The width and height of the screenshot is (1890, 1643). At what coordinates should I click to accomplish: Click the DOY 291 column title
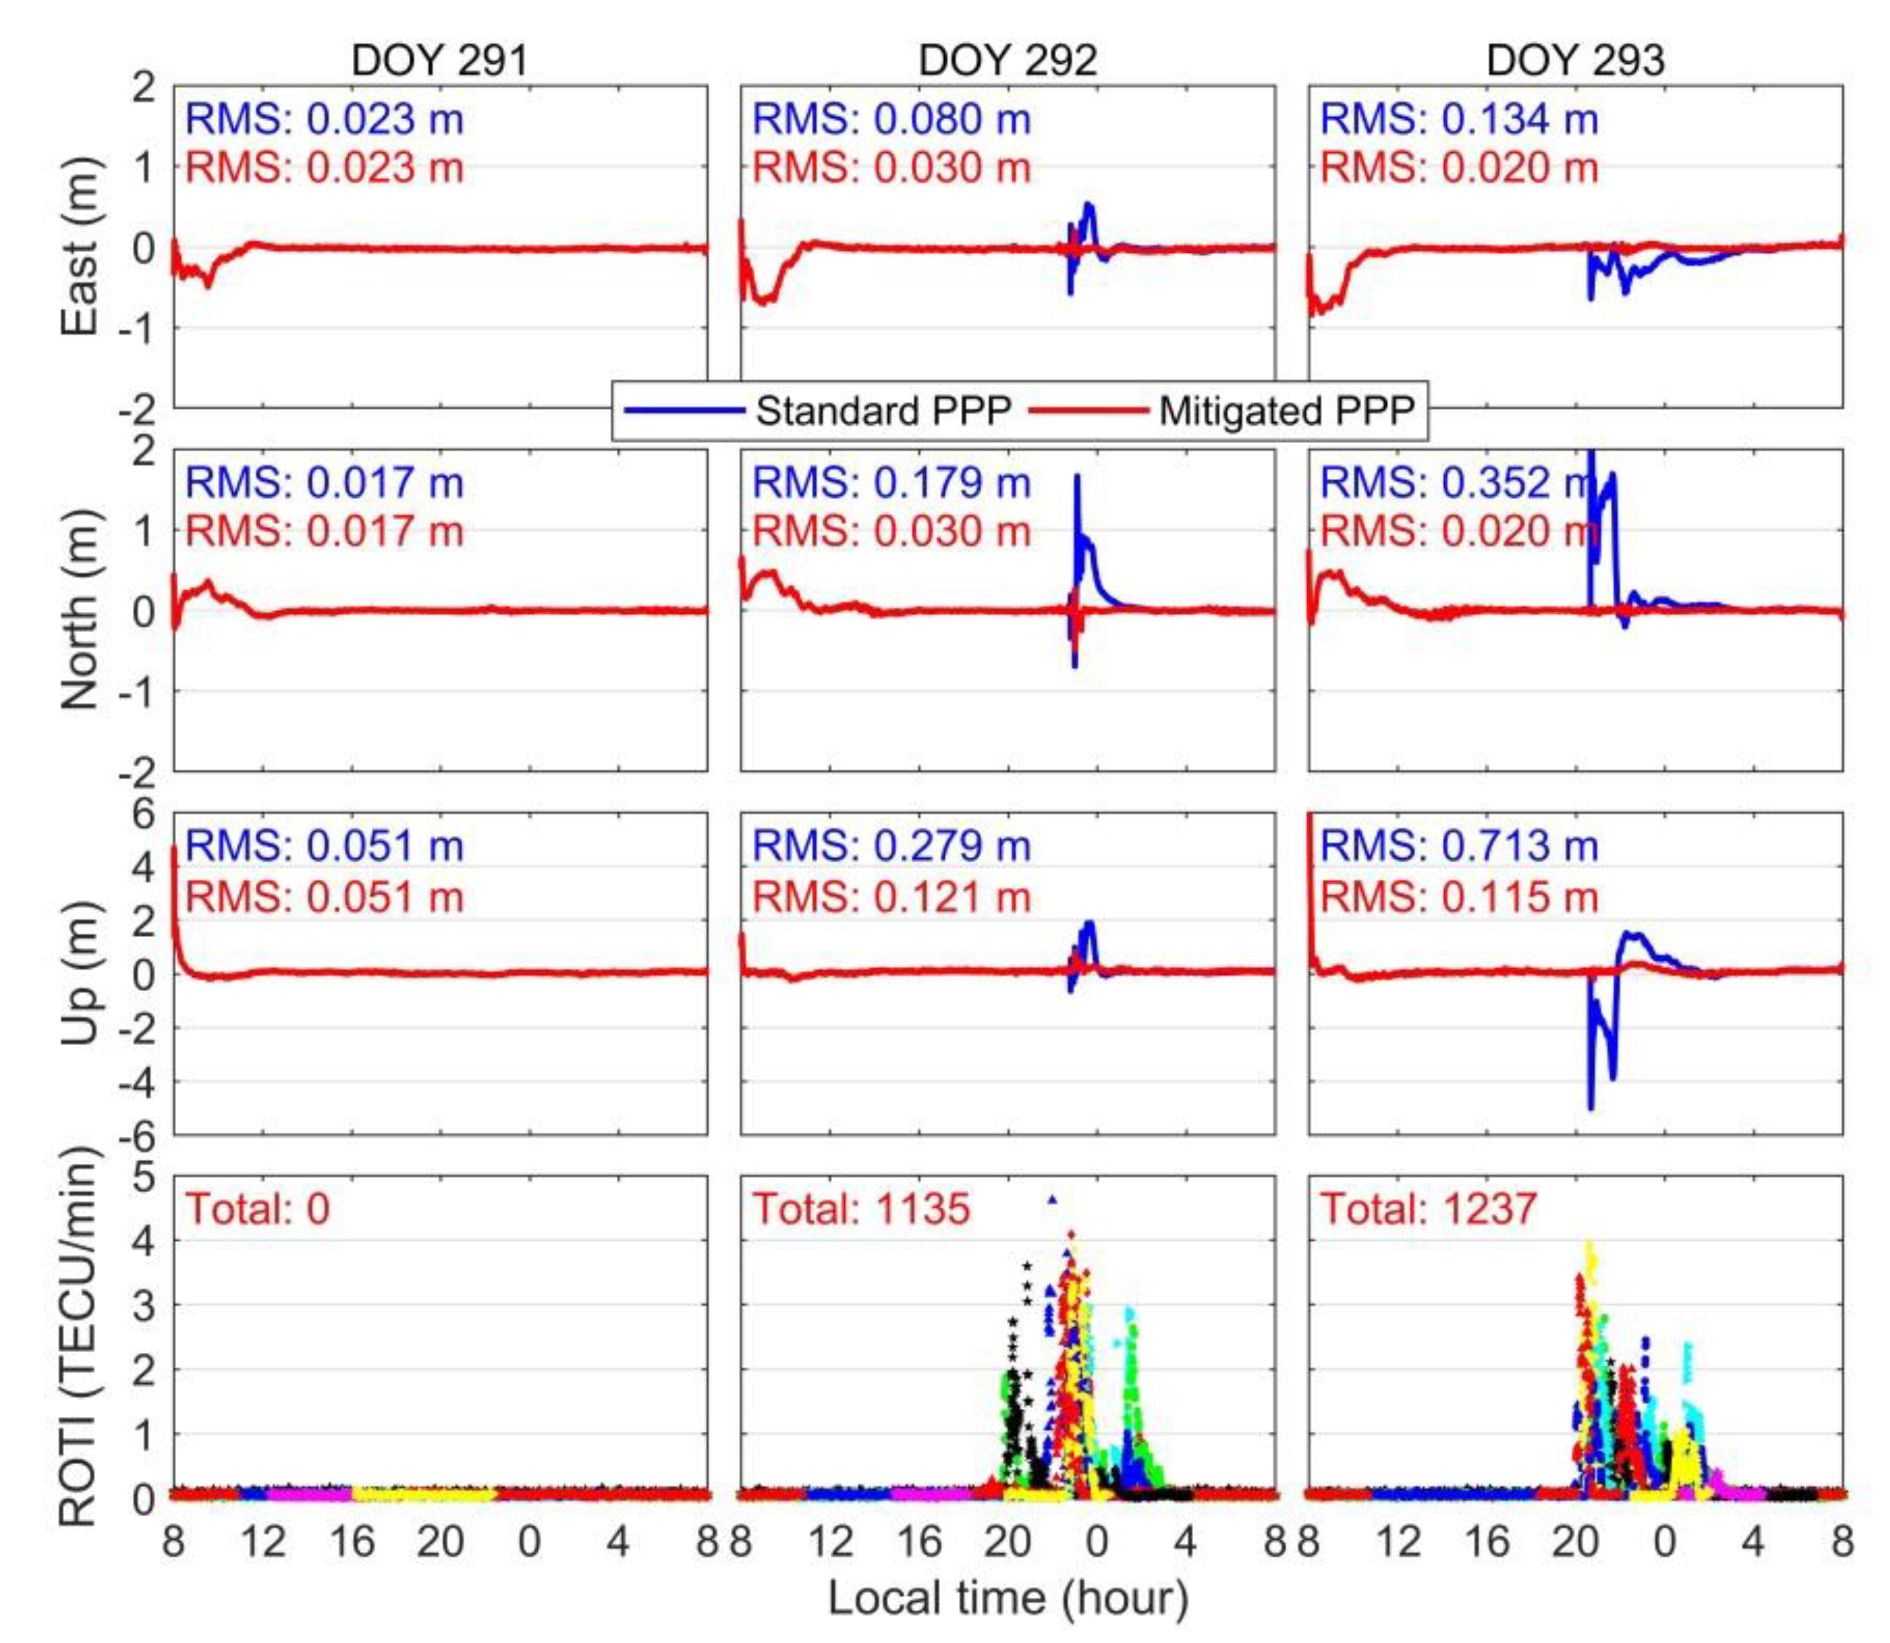[439, 60]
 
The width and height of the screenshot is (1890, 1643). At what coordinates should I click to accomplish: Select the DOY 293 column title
[1575, 60]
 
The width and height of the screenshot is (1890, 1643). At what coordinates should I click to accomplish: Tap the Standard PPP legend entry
[881, 411]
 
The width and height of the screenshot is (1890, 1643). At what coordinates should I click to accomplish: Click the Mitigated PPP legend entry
[1286, 411]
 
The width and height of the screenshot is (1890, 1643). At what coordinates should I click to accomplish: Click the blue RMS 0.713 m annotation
[1459, 845]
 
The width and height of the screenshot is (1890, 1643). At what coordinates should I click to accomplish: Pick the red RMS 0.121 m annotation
[891, 895]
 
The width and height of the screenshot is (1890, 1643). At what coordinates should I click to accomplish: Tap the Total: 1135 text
[861, 1209]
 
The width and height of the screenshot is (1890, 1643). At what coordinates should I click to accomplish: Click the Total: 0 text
[258, 1209]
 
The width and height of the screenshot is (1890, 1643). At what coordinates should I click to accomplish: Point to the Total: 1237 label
[1428, 1209]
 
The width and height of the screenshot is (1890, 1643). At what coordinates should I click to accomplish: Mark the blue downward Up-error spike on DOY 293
[1590, 1107]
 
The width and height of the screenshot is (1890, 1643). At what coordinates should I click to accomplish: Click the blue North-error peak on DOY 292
[1078, 477]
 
